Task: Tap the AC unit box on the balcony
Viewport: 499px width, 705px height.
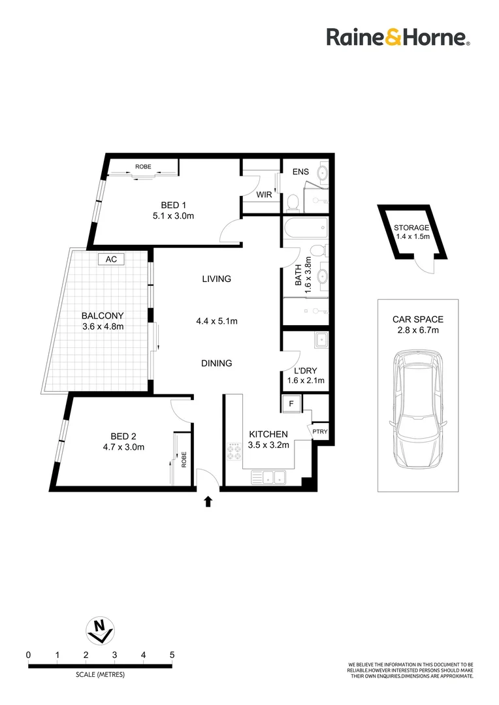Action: pyautogui.click(x=111, y=259)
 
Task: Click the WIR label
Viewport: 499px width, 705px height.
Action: pyautogui.click(x=264, y=195)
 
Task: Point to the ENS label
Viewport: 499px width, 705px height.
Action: pyautogui.click(x=300, y=172)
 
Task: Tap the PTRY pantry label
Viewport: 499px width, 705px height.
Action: pyautogui.click(x=319, y=431)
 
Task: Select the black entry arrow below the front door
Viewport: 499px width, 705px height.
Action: pyautogui.click(x=208, y=501)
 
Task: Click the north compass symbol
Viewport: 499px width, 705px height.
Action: pyautogui.click(x=100, y=629)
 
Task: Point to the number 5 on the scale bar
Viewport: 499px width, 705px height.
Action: pyautogui.click(x=172, y=654)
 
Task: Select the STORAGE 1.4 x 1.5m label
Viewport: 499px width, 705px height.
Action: pyautogui.click(x=411, y=232)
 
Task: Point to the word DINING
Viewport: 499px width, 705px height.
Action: pyautogui.click(x=216, y=364)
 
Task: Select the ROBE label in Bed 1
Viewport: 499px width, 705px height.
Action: pyautogui.click(x=143, y=167)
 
